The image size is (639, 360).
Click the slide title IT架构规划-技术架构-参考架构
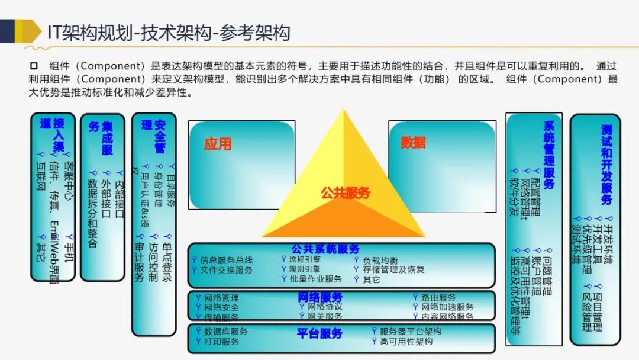[x=169, y=32]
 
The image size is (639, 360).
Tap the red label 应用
[x=217, y=144]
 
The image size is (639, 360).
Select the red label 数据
[x=413, y=143]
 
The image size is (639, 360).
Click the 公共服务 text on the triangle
[x=346, y=193]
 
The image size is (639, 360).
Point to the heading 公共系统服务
[x=325, y=249]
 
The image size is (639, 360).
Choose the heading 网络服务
[x=320, y=297]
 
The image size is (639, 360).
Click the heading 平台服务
[x=319, y=333]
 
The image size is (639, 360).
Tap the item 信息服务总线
[x=227, y=260]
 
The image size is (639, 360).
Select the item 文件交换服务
[x=227, y=270]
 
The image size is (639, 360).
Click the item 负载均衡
[x=380, y=261]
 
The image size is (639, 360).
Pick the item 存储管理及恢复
[x=393, y=270]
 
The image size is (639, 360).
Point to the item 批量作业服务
[x=315, y=279]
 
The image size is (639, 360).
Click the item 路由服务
[x=438, y=297]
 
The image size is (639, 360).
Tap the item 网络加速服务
[x=447, y=307]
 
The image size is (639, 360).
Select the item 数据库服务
[x=226, y=332]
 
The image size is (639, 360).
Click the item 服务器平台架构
[x=411, y=332]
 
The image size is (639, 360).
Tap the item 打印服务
[x=222, y=342]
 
